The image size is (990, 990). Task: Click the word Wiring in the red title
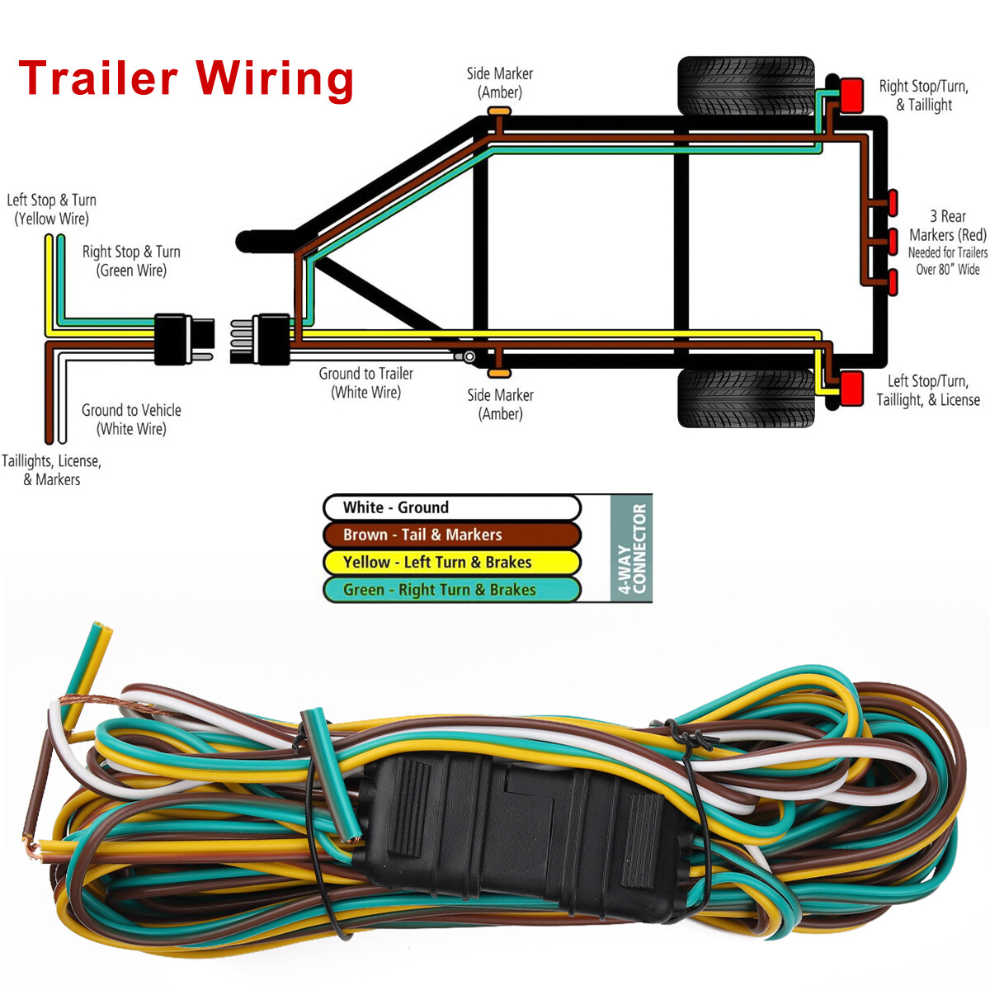coord(275,79)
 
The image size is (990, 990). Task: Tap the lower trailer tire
coord(746,398)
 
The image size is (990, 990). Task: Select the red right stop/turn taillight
coord(851,95)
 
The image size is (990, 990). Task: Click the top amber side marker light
coord(499,111)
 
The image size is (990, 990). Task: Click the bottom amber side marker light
coord(499,373)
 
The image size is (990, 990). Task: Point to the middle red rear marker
coord(893,241)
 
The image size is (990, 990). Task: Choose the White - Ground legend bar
coord(451,507)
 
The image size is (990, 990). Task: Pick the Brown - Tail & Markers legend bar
coord(451,535)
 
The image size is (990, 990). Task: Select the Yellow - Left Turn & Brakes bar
coord(451,562)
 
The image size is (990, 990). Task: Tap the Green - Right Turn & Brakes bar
coord(451,589)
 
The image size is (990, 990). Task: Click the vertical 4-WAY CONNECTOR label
coord(632,548)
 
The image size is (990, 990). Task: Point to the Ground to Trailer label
coord(365,383)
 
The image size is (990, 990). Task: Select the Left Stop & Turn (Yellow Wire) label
coord(51,209)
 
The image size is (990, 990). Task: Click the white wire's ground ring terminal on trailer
coord(469,356)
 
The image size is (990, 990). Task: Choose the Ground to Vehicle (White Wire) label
coord(131,419)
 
